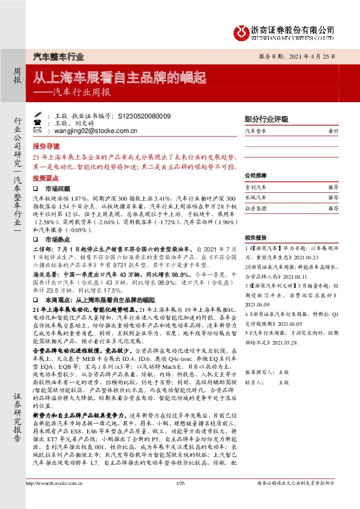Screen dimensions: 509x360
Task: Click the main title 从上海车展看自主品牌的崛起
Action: pyautogui.click(x=119, y=77)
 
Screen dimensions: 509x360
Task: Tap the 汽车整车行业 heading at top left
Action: pyautogui.click(x=58, y=57)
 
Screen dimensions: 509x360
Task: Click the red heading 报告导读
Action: pyautogui.click(x=46, y=146)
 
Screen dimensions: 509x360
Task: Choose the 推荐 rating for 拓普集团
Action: pyautogui.click(x=332, y=207)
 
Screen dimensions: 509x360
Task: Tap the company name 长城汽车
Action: pyautogui.click(x=257, y=198)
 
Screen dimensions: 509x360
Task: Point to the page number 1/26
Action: pyautogui.click(x=180, y=499)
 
